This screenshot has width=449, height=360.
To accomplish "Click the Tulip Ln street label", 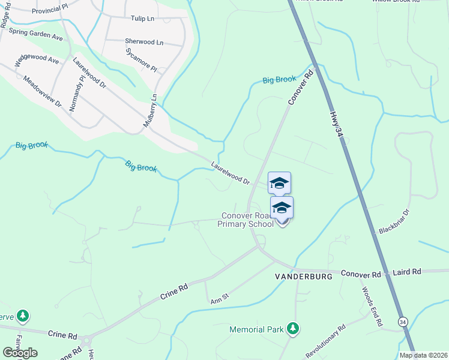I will tap(143, 19).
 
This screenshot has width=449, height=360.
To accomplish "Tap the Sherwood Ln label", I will tap(144, 42).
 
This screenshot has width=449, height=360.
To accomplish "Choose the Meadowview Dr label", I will tap(43, 91).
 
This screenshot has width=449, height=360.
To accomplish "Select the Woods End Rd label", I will tap(372, 307).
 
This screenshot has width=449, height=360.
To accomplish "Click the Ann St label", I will tap(220, 296).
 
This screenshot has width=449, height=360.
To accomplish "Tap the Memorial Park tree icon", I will tap(293, 328).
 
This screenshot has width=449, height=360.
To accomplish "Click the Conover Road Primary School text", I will tap(248, 220).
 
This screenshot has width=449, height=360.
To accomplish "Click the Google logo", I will tap(20, 353).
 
